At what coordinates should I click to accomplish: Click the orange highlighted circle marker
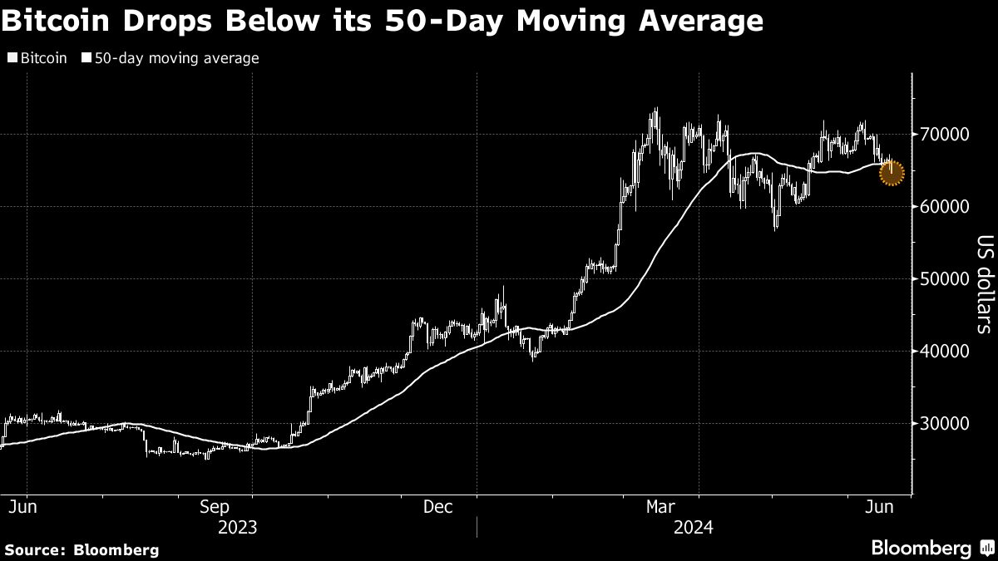pos(891,172)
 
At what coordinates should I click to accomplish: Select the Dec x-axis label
pos(437,506)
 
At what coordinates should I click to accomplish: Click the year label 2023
pos(237,527)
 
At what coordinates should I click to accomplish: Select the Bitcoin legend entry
pos(38,58)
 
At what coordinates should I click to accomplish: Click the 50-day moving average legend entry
pos(170,58)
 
